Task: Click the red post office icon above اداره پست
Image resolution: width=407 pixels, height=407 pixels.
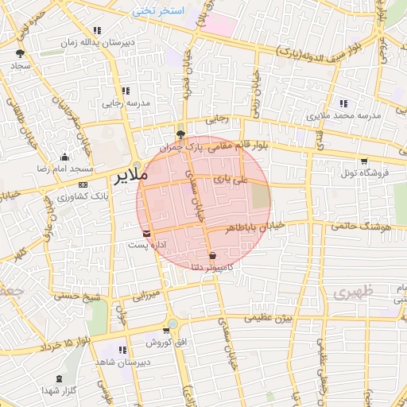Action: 147,232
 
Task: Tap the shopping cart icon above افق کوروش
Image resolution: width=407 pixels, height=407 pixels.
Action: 165,330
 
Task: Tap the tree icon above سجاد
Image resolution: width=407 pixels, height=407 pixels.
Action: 19,54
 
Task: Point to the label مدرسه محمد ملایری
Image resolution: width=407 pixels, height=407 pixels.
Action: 345,116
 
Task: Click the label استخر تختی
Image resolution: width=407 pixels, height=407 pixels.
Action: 157,10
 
